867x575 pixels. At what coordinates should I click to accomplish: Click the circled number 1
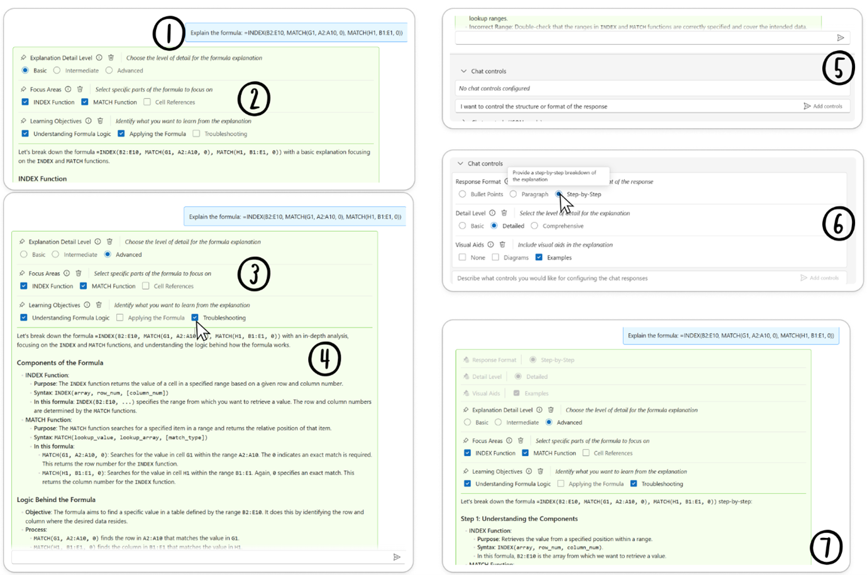coord(168,33)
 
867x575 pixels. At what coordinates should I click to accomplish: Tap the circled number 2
coord(254,99)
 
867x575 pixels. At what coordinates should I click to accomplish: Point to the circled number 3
coord(254,274)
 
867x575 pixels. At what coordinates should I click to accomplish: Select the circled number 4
coord(324,359)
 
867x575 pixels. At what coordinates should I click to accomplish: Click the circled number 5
coord(838,68)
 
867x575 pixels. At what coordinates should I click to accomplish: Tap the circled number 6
coord(838,224)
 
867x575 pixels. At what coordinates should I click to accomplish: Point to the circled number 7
coord(826,547)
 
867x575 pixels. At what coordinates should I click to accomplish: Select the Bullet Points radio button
coord(463,194)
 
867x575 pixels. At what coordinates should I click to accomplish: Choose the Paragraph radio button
coord(514,194)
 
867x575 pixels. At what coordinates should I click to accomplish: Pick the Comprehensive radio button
coord(534,226)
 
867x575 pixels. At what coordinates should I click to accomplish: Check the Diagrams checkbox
coord(495,257)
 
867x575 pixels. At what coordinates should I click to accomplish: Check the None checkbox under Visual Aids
coord(463,257)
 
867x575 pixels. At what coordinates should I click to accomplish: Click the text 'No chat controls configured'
coord(494,89)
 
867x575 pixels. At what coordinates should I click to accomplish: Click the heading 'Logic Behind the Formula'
coord(56,500)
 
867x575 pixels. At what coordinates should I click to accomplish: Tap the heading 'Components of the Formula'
coord(60,363)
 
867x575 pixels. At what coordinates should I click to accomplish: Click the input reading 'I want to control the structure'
coord(534,106)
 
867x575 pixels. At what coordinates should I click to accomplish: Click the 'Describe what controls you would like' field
coord(552,278)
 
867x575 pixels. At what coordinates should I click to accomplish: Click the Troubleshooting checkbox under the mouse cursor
coord(195,317)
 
